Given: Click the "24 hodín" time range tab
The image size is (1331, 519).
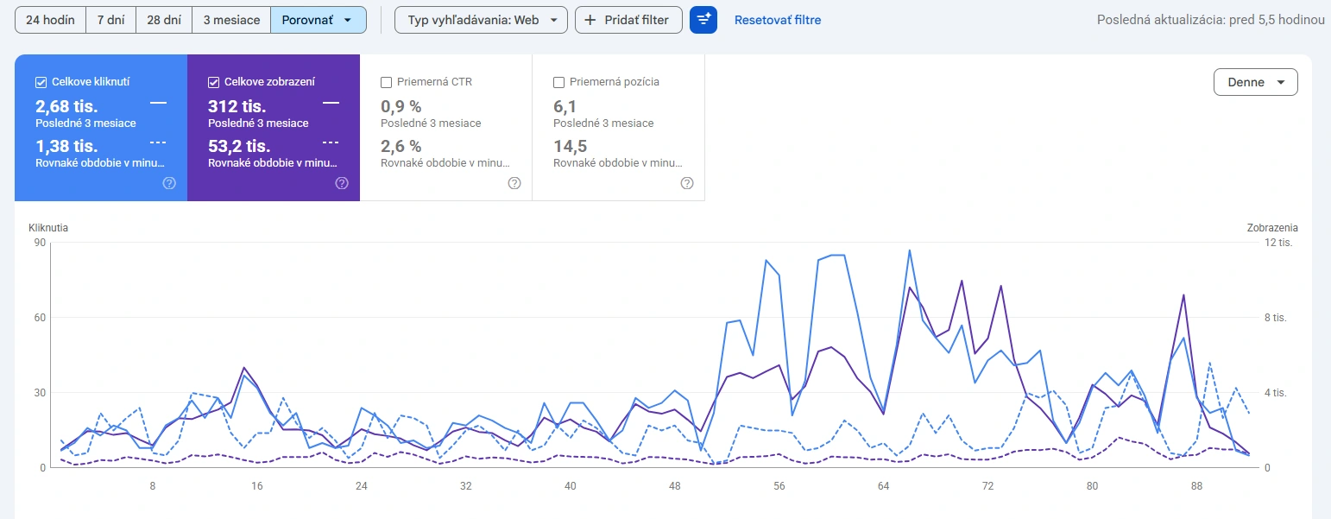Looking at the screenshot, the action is click(51, 20).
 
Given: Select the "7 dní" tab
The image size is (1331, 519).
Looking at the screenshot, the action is click(111, 20).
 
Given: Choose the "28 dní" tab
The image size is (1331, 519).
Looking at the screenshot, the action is click(164, 20).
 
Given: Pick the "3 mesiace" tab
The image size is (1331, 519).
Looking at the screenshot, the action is click(231, 20).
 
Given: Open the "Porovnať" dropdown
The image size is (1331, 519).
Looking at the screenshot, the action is click(319, 20).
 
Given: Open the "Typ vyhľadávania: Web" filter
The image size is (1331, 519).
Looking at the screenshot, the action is click(482, 20).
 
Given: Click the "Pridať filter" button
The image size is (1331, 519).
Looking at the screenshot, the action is click(628, 20).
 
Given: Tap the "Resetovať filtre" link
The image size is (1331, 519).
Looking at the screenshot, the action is click(778, 20).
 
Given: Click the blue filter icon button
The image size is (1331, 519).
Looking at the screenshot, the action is click(703, 20).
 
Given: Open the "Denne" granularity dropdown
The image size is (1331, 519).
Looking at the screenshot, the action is click(1256, 82).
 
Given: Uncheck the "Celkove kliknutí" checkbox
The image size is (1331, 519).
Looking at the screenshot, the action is click(41, 82).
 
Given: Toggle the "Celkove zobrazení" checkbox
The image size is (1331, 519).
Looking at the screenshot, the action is click(214, 82).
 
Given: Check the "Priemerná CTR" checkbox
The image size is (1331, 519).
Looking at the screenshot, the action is click(386, 82).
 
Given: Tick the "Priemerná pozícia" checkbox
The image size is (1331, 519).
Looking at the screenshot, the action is click(558, 82).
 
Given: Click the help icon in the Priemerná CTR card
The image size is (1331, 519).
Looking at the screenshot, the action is click(514, 183).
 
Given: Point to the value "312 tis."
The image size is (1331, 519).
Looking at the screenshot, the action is click(237, 106).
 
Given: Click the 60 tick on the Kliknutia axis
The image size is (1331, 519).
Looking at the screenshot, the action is click(40, 318).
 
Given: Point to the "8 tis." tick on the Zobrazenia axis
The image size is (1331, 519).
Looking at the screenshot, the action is click(1276, 318).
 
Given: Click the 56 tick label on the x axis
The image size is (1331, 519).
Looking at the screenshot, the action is click(779, 485).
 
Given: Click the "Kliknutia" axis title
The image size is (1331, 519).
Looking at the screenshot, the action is click(48, 228).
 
